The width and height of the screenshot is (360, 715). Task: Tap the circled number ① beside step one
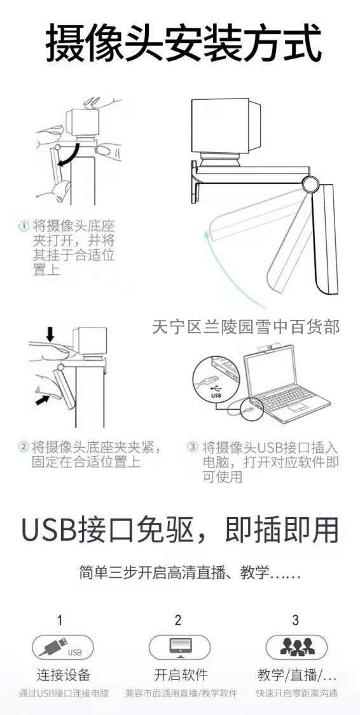24,226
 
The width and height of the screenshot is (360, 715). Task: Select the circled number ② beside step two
24,446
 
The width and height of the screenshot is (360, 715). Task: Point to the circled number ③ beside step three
193,446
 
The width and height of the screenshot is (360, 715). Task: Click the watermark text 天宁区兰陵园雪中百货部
246,327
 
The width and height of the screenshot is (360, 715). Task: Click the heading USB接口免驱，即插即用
180,530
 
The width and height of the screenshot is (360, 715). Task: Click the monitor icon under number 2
180,646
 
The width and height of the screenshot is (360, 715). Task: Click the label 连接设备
64,675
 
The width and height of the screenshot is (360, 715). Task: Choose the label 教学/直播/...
296,675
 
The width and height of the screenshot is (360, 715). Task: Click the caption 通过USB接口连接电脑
64,694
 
